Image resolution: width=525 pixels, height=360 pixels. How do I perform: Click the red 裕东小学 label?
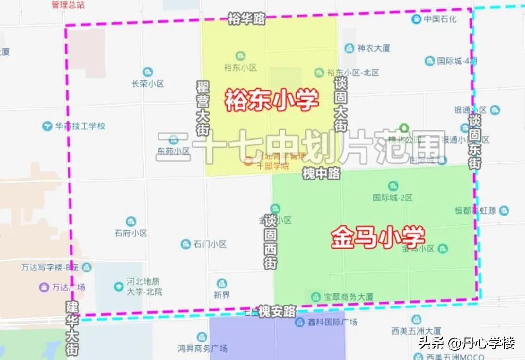point(271,100)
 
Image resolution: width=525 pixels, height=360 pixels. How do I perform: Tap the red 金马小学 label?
point(378,237)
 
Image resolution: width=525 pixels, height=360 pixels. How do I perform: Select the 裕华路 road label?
point(246,19)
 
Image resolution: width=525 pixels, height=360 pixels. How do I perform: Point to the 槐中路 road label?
point(321,173)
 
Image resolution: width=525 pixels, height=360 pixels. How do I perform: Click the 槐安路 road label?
point(277,311)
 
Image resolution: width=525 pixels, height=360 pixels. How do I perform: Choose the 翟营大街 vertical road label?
point(203,108)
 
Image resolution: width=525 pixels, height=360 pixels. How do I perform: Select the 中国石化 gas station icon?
point(416,19)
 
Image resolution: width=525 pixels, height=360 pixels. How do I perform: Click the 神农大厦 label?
point(373,48)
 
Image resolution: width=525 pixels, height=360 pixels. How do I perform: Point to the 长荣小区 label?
point(148,83)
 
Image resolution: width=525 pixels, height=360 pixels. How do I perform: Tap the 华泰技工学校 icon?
point(47,126)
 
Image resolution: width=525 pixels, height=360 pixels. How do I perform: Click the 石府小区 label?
point(131,233)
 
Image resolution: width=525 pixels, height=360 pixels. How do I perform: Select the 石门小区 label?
point(210,244)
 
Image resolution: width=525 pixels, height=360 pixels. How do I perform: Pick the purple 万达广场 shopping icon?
point(44,287)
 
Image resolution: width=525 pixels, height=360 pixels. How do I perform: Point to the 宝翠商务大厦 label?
point(349,296)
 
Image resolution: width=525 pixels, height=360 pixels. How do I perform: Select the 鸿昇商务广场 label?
point(202,348)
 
